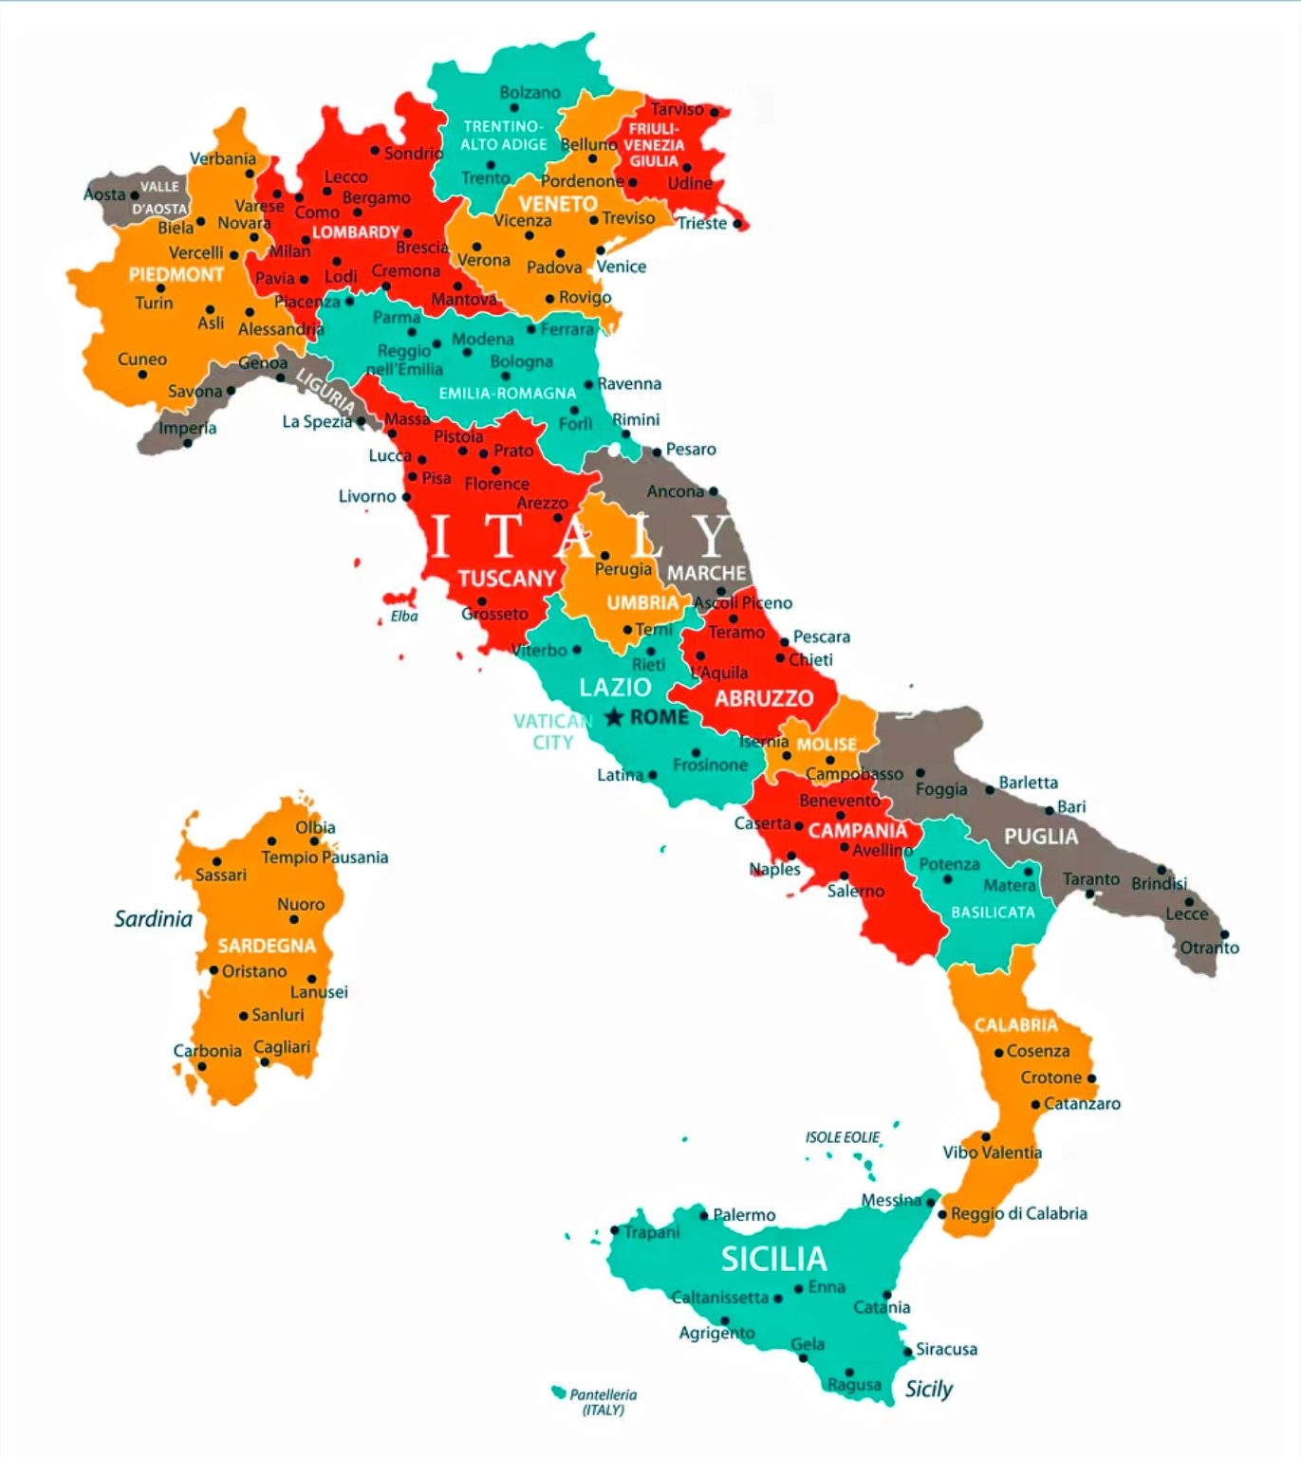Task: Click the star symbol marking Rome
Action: coord(614,717)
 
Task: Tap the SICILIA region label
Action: coord(773,1259)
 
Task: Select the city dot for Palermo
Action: coord(704,1215)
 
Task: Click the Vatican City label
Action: coord(551,731)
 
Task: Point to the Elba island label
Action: coord(404,617)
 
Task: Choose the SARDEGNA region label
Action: coord(267,946)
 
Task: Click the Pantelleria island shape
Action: coord(558,1392)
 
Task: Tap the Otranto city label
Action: coord(1209,948)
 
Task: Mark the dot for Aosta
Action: coord(134,195)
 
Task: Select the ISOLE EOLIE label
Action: coord(842,1137)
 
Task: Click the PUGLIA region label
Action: coord(1041,837)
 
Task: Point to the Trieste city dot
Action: coord(736,224)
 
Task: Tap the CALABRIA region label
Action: coord(1015,1025)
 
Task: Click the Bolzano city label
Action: coord(530,93)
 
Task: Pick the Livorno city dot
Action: coord(406,497)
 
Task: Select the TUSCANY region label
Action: coord(507,579)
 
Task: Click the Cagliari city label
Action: coord(282,1047)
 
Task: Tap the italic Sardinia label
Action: coord(153,918)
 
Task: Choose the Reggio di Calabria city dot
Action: coord(942,1214)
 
